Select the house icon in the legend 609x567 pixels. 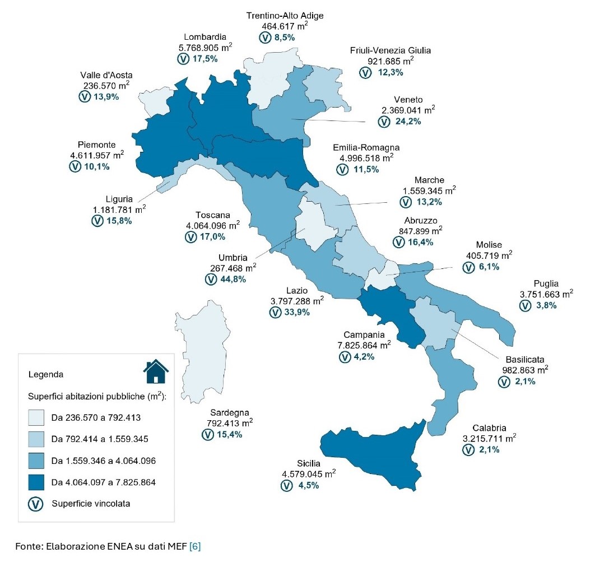[156, 371]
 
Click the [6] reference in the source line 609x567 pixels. [195, 546]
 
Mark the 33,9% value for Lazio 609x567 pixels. [297, 312]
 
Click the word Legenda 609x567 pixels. [45, 374]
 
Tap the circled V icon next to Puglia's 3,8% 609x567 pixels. [525, 306]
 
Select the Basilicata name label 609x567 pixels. [524, 359]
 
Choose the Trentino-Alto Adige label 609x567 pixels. [285, 15]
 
